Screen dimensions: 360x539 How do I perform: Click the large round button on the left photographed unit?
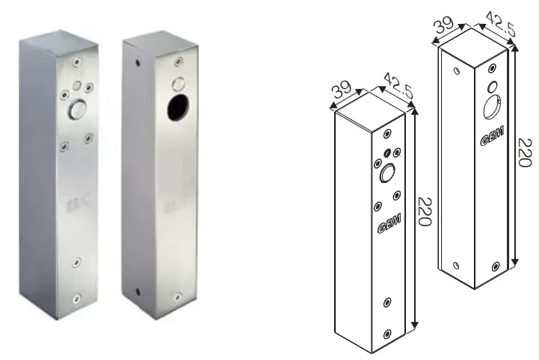coord(76,111)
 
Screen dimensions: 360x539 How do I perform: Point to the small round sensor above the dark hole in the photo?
coord(179,81)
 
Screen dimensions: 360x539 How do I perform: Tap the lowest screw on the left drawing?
coord(387,333)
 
